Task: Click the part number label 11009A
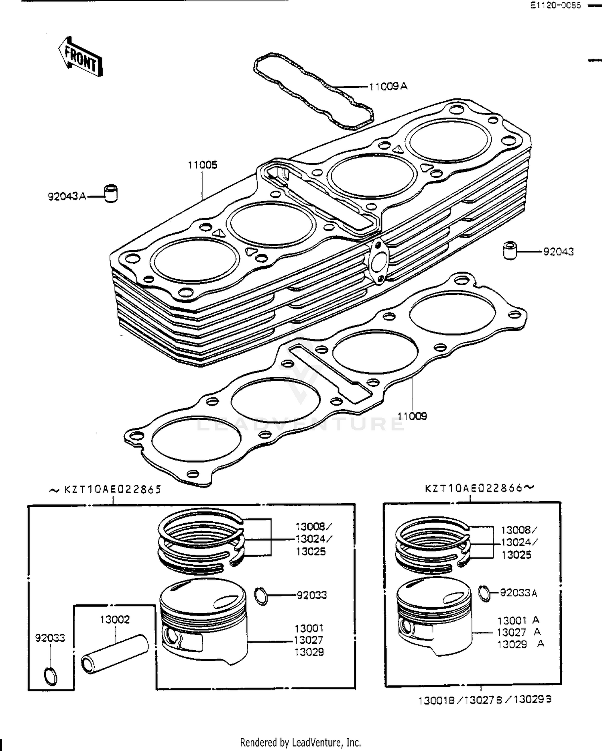coord(388,86)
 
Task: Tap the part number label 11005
coord(202,165)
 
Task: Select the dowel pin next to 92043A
coord(111,193)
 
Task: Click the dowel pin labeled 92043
coord(510,250)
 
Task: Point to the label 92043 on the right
coord(558,252)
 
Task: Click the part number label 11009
coord(412,416)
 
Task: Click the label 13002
coord(115,619)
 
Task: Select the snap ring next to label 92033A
coord(485,593)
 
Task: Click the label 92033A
coord(518,593)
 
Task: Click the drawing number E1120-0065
coord(555,6)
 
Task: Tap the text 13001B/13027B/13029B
coord(485,700)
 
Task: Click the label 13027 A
coord(518,632)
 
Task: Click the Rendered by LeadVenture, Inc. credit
coord(300,742)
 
